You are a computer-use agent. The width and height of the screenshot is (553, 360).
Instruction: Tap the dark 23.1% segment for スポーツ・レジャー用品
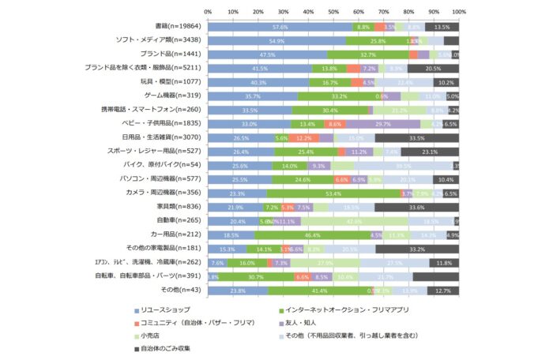click(430, 152)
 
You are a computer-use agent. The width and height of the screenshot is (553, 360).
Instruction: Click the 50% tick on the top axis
click(333, 12)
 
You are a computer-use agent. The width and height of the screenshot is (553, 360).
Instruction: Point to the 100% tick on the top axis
click(459, 12)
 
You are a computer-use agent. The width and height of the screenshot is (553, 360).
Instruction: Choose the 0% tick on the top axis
click(208, 12)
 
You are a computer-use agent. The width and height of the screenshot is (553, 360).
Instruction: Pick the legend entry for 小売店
click(155, 336)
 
